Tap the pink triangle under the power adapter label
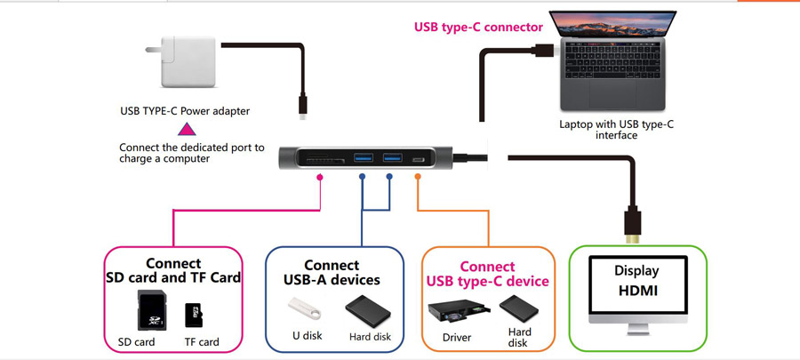[x=188, y=131]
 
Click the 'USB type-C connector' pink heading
[x=478, y=27]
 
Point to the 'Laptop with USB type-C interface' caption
[x=616, y=130]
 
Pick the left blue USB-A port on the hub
[x=362, y=158]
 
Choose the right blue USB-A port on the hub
[x=392, y=158]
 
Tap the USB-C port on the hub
[x=419, y=159]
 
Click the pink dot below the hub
[x=320, y=178]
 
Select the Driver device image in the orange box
[x=457, y=312]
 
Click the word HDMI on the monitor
[x=636, y=292]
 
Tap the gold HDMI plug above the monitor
[x=632, y=228]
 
